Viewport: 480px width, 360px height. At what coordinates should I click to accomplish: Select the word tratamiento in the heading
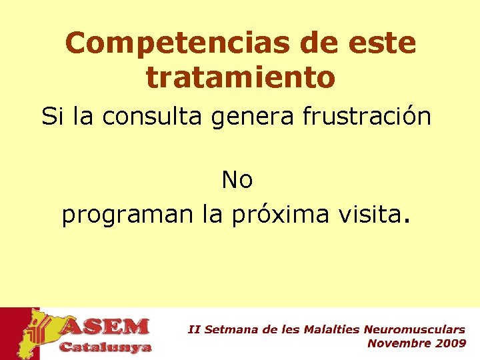(240, 77)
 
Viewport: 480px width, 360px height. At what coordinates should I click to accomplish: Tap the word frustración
(367, 117)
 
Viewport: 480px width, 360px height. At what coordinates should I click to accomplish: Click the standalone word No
(237, 179)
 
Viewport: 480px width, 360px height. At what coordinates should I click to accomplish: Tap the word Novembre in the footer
(399, 343)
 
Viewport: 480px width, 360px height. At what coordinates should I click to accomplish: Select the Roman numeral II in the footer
(193, 329)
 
